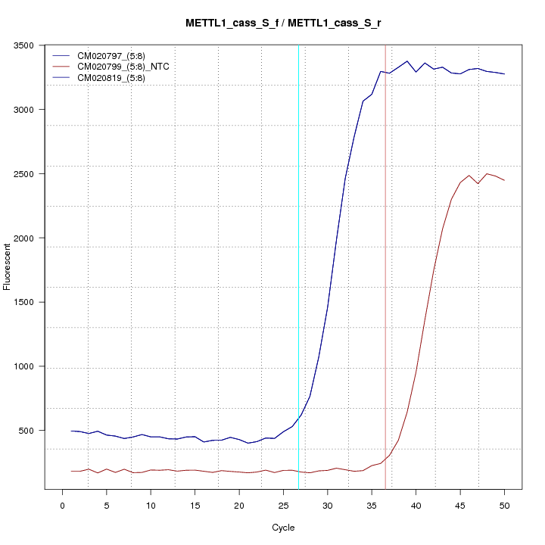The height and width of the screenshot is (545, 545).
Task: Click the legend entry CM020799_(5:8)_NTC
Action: tap(128, 67)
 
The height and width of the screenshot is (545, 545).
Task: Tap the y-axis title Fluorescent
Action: tap(8, 266)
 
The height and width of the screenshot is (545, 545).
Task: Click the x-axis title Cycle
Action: tap(283, 528)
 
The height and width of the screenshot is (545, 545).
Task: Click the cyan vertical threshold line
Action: tap(298, 227)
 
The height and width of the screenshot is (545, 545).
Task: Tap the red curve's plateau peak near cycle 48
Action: tap(487, 173)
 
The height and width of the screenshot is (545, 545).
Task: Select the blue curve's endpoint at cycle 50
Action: tap(504, 74)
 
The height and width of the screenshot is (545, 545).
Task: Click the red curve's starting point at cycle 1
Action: tap(72, 471)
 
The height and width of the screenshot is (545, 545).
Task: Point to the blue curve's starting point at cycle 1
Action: tap(72, 431)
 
